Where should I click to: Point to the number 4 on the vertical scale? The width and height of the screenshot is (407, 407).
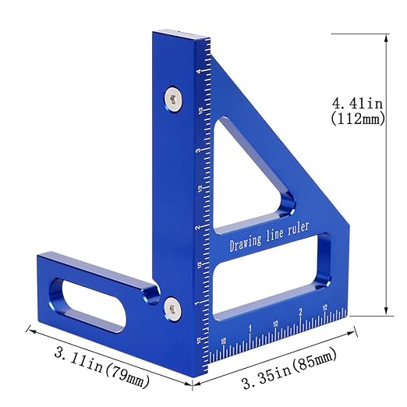pyautogui.click(x=200, y=72)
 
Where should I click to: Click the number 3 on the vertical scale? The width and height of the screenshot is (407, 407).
pyautogui.click(x=200, y=150)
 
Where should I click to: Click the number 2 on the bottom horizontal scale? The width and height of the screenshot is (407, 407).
pyautogui.click(x=301, y=313)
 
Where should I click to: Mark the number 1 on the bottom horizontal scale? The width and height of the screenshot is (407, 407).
pyautogui.click(x=250, y=328)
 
